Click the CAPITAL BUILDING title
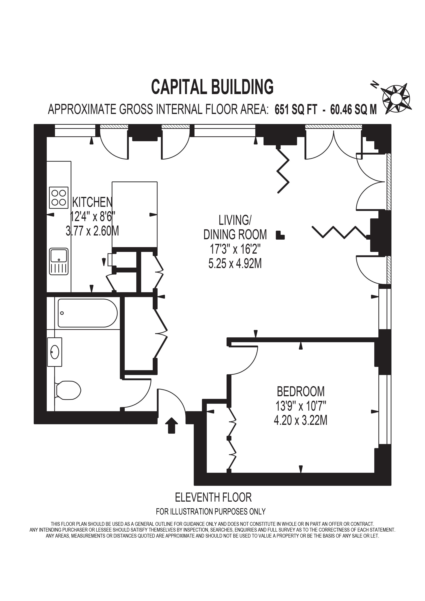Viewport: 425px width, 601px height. click(x=212, y=87)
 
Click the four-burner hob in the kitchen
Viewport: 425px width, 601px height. click(x=59, y=197)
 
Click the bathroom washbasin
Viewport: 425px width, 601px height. click(x=55, y=352)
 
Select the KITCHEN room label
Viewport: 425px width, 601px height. click(x=92, y=202)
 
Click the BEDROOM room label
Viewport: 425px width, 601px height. click(x=301, y=392)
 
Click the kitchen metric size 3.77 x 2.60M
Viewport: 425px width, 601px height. click(x=92, y=231)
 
